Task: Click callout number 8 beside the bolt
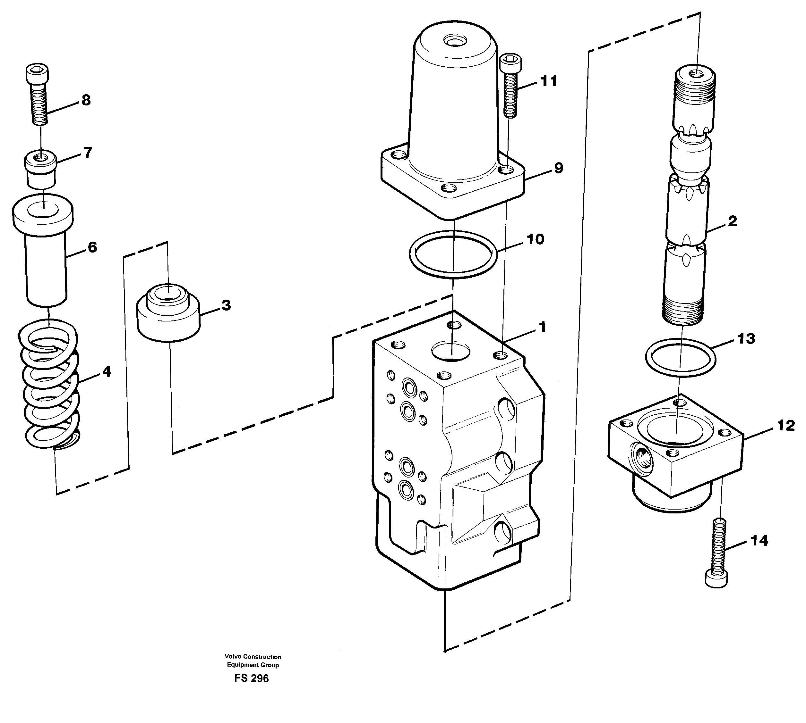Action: pyautogui.click(x=86, y=100)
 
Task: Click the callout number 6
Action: pyautogui.click(x=92, y=247)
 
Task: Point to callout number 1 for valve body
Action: pyautogui.click(x=542, y=327)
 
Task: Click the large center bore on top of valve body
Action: pyautogui.click(x=450, y=351)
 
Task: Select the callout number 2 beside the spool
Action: pyautogui.click(x=733, y=221)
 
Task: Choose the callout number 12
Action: pyautogui.click(x=786, y=426)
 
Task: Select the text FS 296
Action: pyautogui.click(x=251, y=678)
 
